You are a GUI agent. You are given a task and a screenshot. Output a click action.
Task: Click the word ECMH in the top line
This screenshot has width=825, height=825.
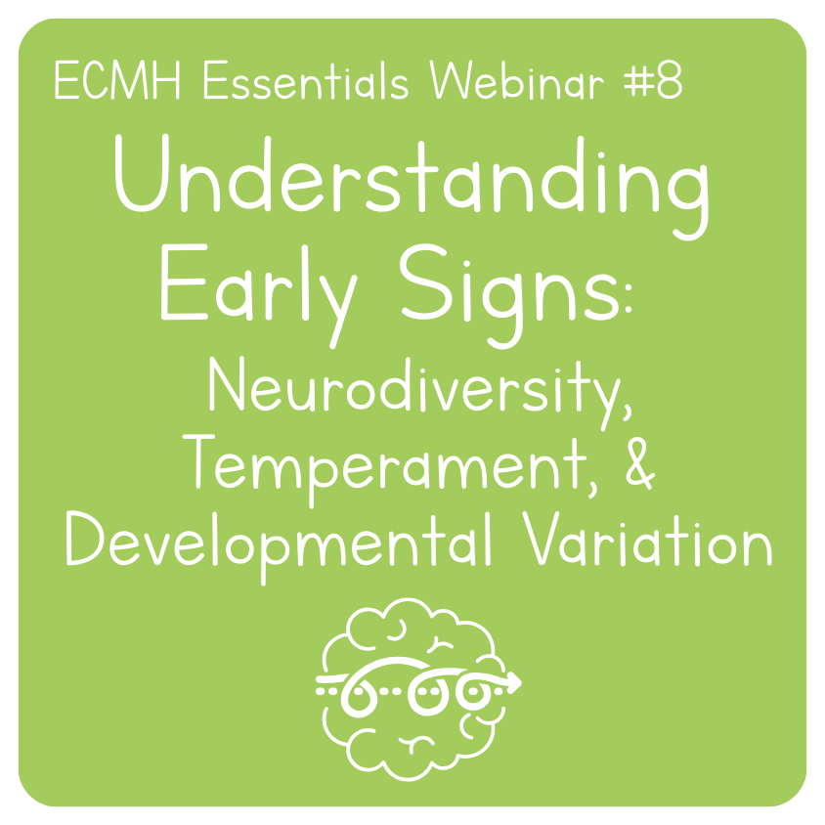click(106, 83)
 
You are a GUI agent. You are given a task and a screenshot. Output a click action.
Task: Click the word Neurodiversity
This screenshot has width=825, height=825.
click(411, 391)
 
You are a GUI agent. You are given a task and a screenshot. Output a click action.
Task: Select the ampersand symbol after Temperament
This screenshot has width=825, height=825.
click(633, 466)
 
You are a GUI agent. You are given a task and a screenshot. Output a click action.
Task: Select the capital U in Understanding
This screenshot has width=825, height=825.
click(141, 176)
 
